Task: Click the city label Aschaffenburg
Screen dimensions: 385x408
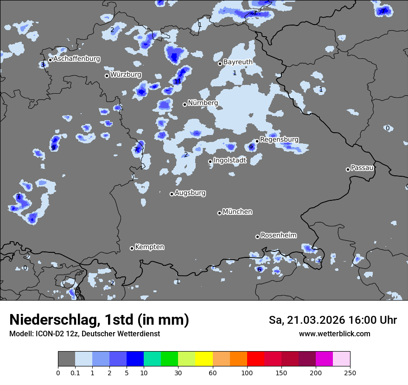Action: click(76, 59)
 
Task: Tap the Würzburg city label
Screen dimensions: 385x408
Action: click(126, 75)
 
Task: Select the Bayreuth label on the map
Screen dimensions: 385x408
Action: click(238, 62)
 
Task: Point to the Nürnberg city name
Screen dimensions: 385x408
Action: click(203, 103)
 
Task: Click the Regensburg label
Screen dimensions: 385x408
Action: click(279, 139)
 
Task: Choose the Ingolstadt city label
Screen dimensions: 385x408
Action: click(230, 160)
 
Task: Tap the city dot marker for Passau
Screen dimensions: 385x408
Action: click(348, 169)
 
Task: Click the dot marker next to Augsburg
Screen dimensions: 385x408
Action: click(172, 194)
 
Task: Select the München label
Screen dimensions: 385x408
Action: click(237, 212)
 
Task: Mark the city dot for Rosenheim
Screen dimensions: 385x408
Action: click(257, 237)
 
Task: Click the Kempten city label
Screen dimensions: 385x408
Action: click(149, 247)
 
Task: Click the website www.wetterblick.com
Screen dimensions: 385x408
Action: click(334, 334)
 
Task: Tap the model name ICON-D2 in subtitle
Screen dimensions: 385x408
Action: click(48, 334)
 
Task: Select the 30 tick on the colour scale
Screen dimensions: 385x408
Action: click(178, 372)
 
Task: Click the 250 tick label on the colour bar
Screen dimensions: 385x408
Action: click(350, 372)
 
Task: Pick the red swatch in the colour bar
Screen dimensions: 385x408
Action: click(255, 359)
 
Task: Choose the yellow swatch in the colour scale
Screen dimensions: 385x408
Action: click(204, 359)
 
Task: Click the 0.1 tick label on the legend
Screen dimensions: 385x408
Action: click(75, 372)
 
